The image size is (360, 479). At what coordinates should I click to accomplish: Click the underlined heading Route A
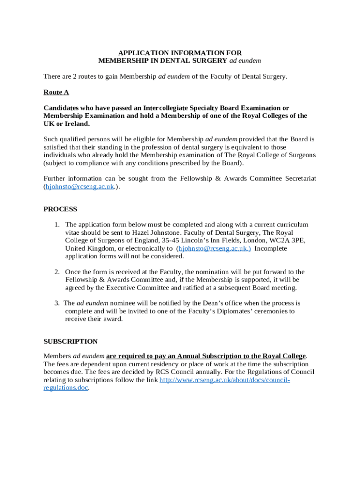click(x=56, y=92)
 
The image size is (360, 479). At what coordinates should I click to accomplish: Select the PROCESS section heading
click(x=60, y=209)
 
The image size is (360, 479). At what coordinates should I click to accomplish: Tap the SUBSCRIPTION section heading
click(x=71, y=341)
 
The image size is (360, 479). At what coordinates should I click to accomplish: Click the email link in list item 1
click(x=215, y=248)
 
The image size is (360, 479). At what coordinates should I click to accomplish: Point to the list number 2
click(x=57, y=272)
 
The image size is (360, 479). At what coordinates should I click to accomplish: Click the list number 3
click(x=57, y=303)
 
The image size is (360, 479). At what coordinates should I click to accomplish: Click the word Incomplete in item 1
click(x=271, y=248)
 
